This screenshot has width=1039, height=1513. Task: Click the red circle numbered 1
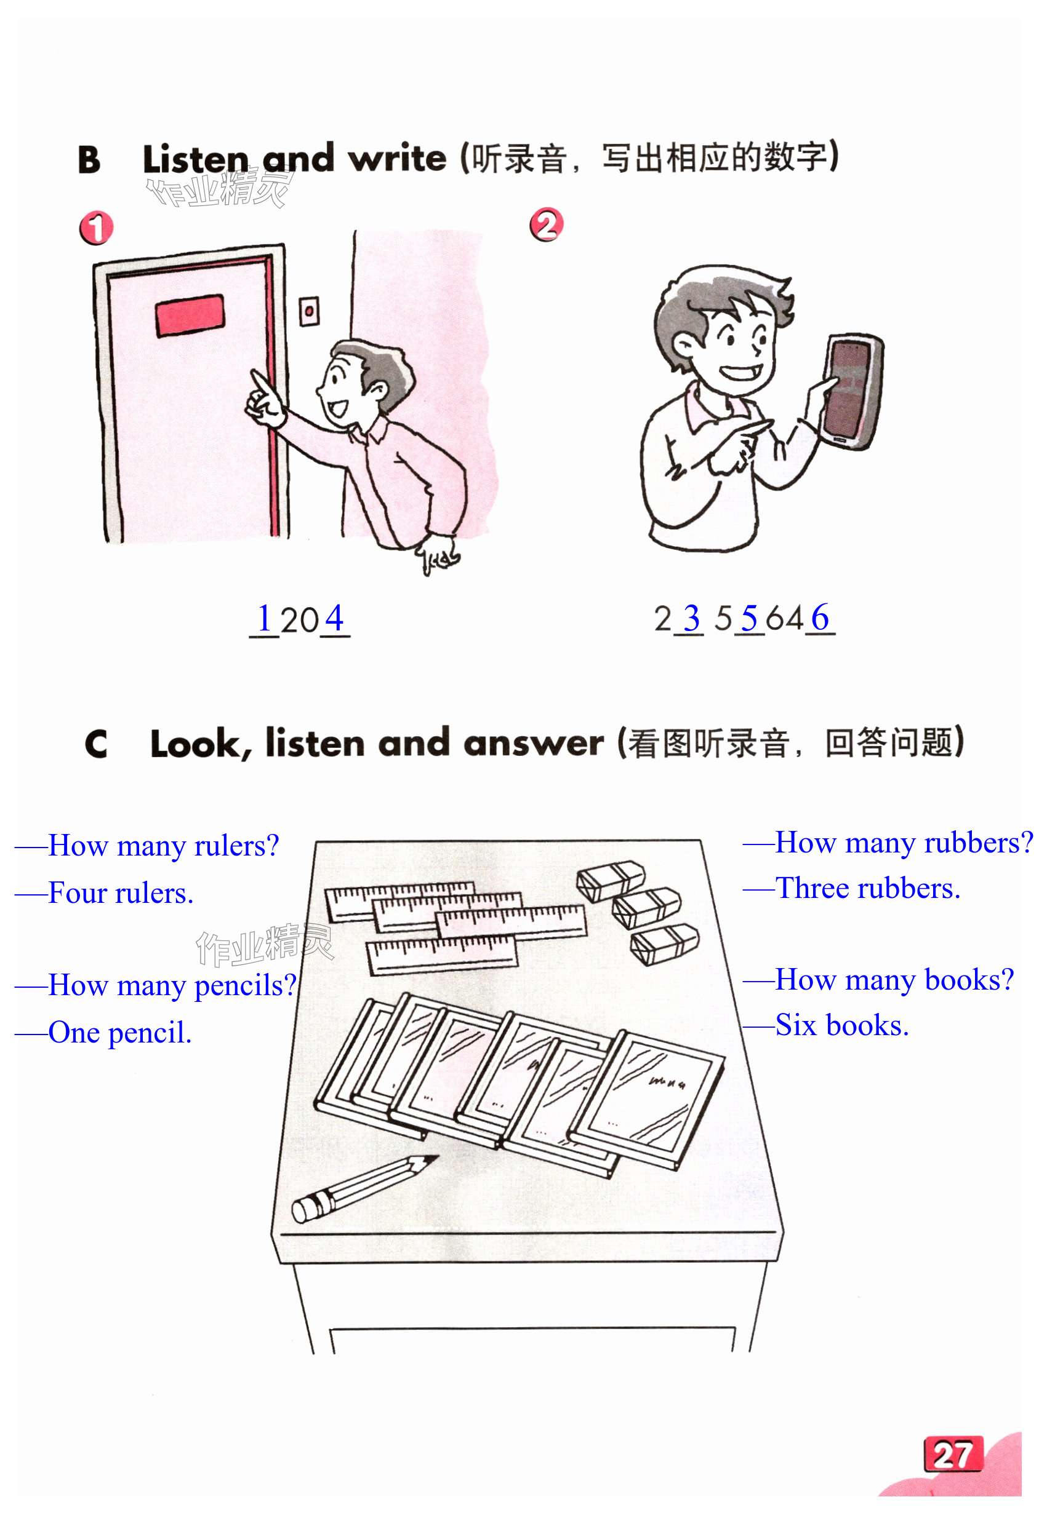(x=96, y=227)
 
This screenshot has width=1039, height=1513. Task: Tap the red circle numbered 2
(x=546, y=224)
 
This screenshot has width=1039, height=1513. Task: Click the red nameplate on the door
(x=190, y=315)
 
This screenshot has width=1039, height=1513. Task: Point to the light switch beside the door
(x=309, y=311)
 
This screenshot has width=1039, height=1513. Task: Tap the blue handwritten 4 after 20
(x=334, y=618)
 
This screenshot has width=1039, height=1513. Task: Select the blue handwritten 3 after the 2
(x=691, y=619)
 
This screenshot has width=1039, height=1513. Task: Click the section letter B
(x=89, y=159)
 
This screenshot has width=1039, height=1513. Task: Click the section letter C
(x=96, y=744)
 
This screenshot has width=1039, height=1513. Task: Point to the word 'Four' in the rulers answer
(x=78, y=892)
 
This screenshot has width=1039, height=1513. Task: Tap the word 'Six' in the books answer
(x=796, y=1025)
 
